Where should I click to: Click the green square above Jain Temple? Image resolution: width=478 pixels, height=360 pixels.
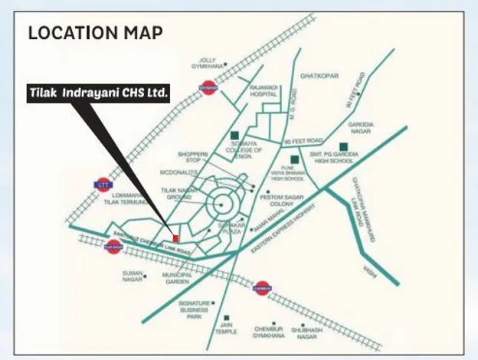(x=225, y=317)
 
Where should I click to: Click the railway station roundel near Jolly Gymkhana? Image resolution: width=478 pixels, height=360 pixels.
(x=208, y=88)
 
